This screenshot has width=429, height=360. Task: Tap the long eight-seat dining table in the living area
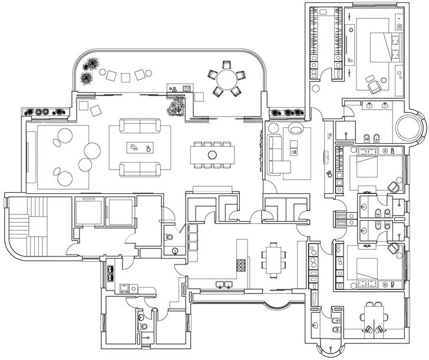(x=212, y=155)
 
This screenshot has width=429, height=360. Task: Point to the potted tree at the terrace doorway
(x=175, y=107)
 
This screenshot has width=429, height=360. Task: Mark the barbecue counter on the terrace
(x=180, y=88)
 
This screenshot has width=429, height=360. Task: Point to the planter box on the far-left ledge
(x=44, y=111)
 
